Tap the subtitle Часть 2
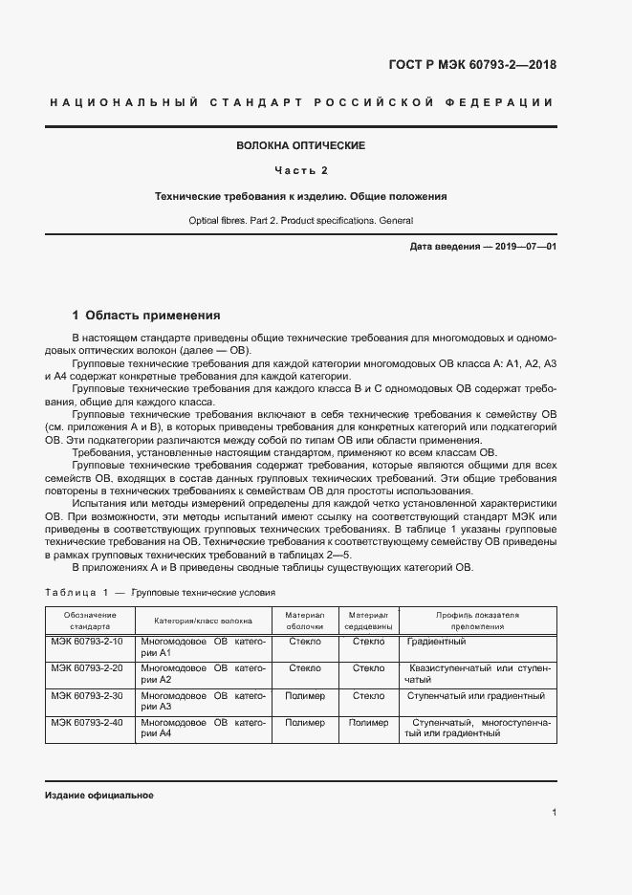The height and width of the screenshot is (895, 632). pyautogui.click(x=301, y=170)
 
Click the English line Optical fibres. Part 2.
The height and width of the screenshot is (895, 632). pyautogui.click(x=301, y=221)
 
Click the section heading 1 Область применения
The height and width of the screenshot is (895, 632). pyautogui.click(x=146, y=315)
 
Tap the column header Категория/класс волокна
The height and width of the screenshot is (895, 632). pyautogui.click(x=203, y=620)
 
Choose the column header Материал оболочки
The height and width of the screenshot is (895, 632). pyautogui.click(x=305, y=620)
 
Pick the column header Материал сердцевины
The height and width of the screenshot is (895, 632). pyautogui.click(x=368, y=620)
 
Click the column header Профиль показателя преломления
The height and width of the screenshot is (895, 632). pyautogui.click(x=477, y=620)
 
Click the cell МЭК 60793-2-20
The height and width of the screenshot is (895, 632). pyautogui.click(x=90, y=667)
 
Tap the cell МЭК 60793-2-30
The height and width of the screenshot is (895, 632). pyautogui.click(x=90, y=695)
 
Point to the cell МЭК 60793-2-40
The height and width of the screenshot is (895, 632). pyautogui.click(x=90, y=723)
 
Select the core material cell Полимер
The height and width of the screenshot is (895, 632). pyautogui.click(x=368, y=723)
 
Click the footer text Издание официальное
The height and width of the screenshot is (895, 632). pyautogui.click(x=98, y=796)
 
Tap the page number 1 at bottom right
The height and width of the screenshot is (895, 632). pyautogui.click(x=555, y=813)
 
